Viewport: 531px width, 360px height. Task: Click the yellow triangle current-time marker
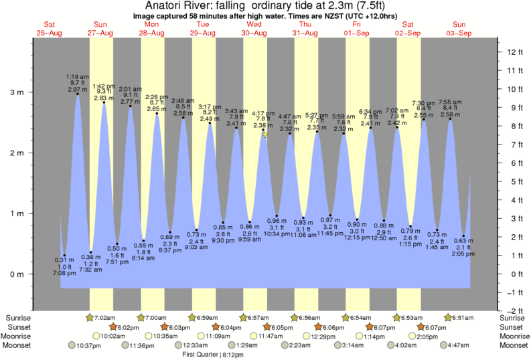(265, 135)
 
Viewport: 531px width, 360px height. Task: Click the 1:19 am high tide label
(78, 76)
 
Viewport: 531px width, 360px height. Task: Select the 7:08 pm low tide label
(64, 274)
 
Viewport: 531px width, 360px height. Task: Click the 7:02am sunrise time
(102, 317)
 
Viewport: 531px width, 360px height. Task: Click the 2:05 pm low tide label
(463, 255)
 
